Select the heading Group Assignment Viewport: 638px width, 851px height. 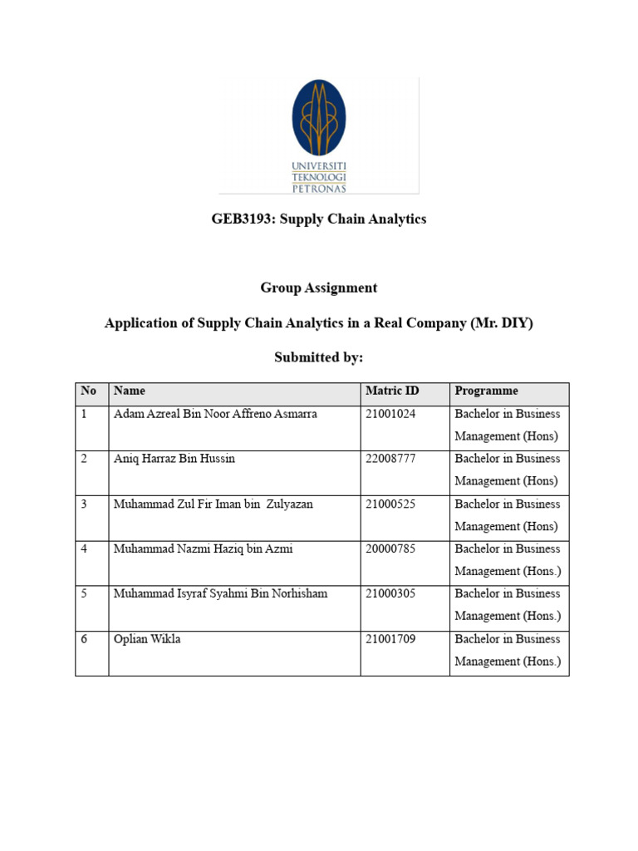point(319,288)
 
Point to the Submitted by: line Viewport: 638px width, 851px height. point(319,357)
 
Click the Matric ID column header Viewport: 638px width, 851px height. point(392,391)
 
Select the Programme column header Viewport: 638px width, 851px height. point(486,391)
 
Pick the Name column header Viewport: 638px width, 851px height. point(130,391)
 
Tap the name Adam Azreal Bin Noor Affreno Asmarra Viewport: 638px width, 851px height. point(215,414)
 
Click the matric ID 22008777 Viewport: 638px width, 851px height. point(390,459)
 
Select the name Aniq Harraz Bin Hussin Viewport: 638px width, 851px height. point(174,459)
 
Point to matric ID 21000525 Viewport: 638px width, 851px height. point(390,504)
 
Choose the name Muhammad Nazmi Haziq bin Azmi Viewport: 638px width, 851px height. point(204,549)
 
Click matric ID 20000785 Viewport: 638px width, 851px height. point(390,549)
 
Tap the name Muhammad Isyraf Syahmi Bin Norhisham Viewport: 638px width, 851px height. point(221,594)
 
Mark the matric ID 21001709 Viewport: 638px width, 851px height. point(390,639)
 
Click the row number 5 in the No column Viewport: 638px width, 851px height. point(84,594)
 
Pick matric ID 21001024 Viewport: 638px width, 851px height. point(390,414)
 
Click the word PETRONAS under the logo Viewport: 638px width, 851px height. point(319,188)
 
